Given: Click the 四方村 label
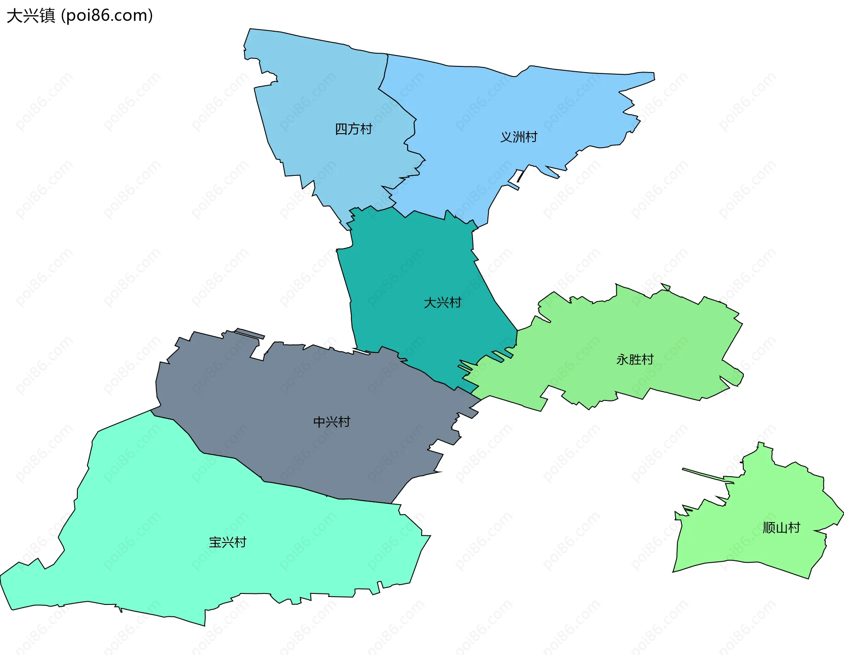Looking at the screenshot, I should click(x=353, y=129).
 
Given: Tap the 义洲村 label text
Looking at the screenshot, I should click(x=519, y=137).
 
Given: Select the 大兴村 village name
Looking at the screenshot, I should click(x=442, y=303).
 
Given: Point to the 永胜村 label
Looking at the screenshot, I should click(x=635, y=360).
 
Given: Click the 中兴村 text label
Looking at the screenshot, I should click(x=331, y=422).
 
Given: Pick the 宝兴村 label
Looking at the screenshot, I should click(x=227, y=542).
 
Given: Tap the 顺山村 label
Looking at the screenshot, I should click(x=781, y=528).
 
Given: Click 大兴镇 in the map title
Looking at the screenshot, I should click(x=31, y=16).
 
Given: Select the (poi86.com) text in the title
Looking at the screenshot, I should click(x=107, y=16).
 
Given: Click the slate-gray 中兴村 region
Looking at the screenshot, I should click(x=286, y=396).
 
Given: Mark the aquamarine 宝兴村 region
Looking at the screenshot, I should click(x=176, y=528).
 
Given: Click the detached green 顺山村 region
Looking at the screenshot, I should click(x=756, y=506).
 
